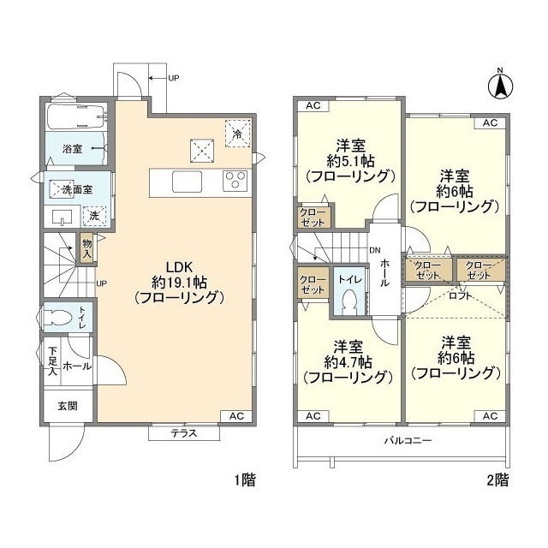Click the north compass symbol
(500, 86)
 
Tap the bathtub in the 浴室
(76, 116)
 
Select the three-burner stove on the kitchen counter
(235, 181)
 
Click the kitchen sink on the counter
(187, 182)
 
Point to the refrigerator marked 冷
(238, 134)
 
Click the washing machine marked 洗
(94, 216)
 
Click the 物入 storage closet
(87, 247)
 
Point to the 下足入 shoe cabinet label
(52, 361)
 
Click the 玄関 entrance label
(68, 406)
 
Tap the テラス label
(184, 433)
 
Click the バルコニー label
(408, 440)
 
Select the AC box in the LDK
(236, 416)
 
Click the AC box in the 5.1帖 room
(313, 105)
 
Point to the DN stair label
(375, 250)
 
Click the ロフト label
(461, 296)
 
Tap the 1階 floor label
(245, 479)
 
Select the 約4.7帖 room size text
(348, 362)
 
